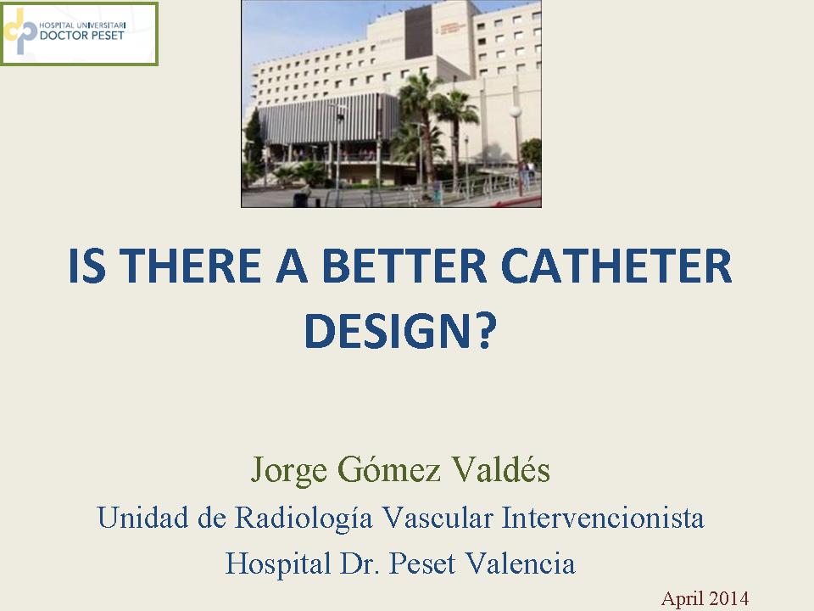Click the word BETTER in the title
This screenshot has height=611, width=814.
(404, 266)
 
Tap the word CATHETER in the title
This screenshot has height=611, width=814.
(616, 266)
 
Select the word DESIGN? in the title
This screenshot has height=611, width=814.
(400, 331)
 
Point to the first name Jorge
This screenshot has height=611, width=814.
(288, 470)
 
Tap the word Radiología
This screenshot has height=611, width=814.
(304, 518)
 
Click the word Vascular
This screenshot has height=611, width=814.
(438, 517)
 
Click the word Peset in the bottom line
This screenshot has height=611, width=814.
(422, 563)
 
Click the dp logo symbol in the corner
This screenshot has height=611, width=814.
(20, 31)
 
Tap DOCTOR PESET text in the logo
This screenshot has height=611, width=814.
(82, 36)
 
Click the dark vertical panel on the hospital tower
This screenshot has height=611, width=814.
(418, 33)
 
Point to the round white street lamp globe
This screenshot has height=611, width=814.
(515, 112)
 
